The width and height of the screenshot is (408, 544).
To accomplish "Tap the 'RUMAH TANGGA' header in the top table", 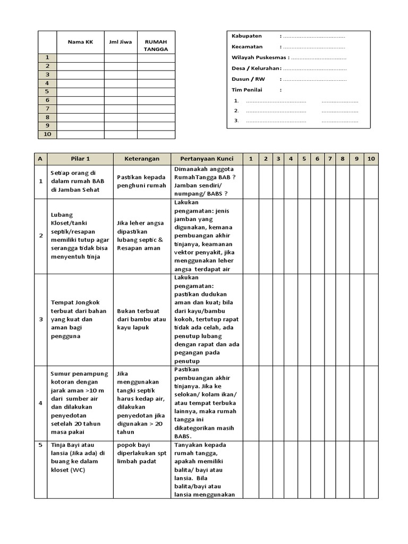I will coord(156,46).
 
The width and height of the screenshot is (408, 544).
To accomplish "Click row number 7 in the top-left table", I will coord(47,109).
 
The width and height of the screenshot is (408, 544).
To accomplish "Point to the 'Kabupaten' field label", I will coord(246,36).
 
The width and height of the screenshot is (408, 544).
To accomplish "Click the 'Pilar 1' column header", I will coord(80,159).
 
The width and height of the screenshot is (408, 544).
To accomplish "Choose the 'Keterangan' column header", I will coord(142,159).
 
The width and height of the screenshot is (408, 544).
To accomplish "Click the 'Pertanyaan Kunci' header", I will coord(207,159).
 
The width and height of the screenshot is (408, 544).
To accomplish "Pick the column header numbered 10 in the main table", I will coord(371,159).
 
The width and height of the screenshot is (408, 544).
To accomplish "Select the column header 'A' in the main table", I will coord(40,159).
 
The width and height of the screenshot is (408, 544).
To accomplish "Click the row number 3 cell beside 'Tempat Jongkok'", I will coord(40,319).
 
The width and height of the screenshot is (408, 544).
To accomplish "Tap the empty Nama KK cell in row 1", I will coord(80,58).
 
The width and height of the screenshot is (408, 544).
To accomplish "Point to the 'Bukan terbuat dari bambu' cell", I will coord(141,319).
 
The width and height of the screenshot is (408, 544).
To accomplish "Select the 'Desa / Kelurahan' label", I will coord(256,69).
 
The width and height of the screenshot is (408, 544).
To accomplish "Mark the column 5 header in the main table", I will coord(304,159).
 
